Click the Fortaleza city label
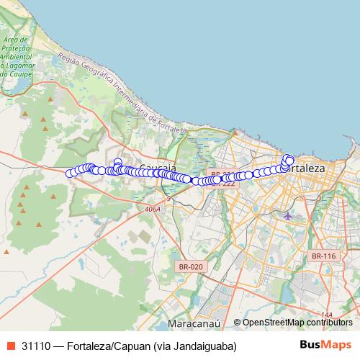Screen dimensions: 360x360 306,168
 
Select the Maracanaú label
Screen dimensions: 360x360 193,323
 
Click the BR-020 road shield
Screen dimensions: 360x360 190,266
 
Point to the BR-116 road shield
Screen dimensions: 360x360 323,256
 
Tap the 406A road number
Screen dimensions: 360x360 152,209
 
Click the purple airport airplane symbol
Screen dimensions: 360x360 288,215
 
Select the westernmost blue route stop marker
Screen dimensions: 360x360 70,173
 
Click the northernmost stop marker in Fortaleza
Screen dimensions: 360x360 287,158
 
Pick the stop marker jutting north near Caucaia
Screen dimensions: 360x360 117,162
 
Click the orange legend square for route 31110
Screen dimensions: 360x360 10,346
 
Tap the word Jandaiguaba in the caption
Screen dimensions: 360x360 197,346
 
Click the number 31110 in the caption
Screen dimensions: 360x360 35,346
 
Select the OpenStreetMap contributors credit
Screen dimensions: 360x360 297,323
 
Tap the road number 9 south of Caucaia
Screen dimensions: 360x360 168,198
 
